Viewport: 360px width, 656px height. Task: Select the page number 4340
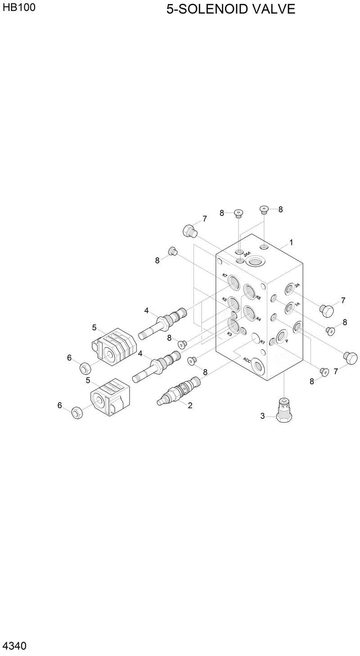pos(14,646)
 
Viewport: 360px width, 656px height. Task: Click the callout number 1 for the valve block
pos(291,243)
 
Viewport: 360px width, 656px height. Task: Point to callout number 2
pos(190,405)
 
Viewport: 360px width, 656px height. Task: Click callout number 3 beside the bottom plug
pos(263,416)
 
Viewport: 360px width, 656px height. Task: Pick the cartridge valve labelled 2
pos(177,390)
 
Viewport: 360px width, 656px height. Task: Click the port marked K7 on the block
pos(234,283)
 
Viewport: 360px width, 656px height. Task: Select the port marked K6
pos(250,291)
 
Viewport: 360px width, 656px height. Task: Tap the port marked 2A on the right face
pos(290,288)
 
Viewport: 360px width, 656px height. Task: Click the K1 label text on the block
pos(262,342)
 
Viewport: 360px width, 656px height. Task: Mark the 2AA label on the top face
pos(247,255)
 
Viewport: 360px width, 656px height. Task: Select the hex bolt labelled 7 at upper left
pos(189,231)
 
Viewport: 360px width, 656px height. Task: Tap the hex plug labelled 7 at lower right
pos(350,356)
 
